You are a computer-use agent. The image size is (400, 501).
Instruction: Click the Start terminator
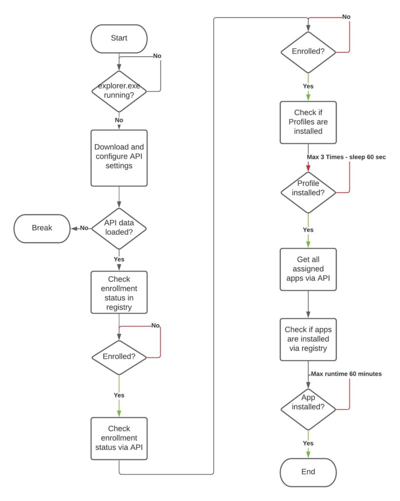pyautogui.click(x=119, y=39)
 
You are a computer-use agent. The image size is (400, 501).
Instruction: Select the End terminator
pyautogui.click(x=308, y=472)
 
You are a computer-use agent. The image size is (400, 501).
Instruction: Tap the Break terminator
pyautogui.click(x=42, y=228)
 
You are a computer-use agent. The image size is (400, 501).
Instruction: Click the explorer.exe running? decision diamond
pyautogui.click(x=119, y=91)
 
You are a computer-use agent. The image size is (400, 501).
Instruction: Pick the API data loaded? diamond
pyautogui.click(x=119, y=228)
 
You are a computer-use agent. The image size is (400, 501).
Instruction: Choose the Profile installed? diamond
pyautogui.click(x=308, y=192)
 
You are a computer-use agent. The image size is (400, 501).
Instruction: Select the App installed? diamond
pyautogui.click(x=308, y=409)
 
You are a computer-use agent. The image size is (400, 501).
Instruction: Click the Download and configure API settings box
pyautogui.click(x=119, y=158)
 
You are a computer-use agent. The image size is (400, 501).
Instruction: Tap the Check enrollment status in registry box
pyautogui.click(x=119, y=292)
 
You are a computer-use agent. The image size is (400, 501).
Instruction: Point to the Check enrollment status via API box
pyautogui.click(x=119, y=438)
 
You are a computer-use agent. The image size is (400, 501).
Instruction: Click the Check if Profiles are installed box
pyautogui.click(x=308, y=122)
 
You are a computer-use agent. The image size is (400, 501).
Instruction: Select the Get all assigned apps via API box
pyautogui.click(x=308, y=270)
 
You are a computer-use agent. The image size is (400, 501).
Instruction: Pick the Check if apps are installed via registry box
pyautogui.click(x=308, y=340)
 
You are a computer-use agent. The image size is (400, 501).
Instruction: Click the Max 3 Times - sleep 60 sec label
pyautogui.click(x=346, y=157)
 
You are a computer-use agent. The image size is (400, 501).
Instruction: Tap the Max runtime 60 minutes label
pyautogui.click(x=346, y=374)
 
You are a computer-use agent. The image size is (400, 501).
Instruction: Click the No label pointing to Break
pyautogui.click(x=84, y=228)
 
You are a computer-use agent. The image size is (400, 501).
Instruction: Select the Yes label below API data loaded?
pyautogui.click(x=119, y=259)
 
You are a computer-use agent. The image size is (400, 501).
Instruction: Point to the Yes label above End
pyautogui.click(x=308, y=443)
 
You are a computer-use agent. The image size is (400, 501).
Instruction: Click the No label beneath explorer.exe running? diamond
pyautogui.click(x=119, y=120)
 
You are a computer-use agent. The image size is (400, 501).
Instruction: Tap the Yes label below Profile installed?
pyautogui.click(x=308, y=230)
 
